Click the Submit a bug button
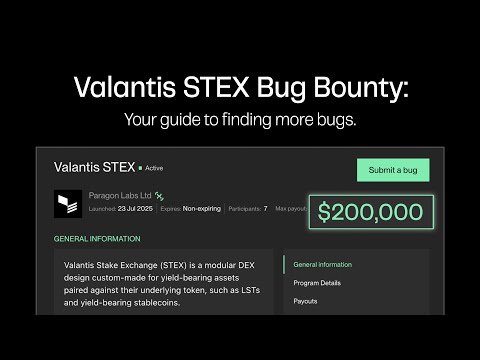click(393, 170)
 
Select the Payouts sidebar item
click(306, 300)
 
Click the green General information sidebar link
click(322, 265)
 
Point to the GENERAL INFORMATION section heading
click(97, 239)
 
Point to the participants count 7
click(265, 208)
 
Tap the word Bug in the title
click(267, 88)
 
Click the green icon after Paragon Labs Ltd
click(159, 196)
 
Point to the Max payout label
click(290, 208)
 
